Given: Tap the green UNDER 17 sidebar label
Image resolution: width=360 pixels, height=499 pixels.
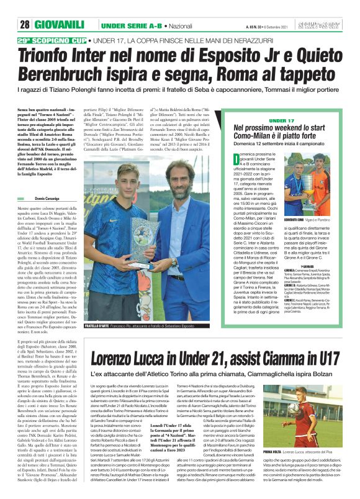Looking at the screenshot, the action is tap(282, 120).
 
